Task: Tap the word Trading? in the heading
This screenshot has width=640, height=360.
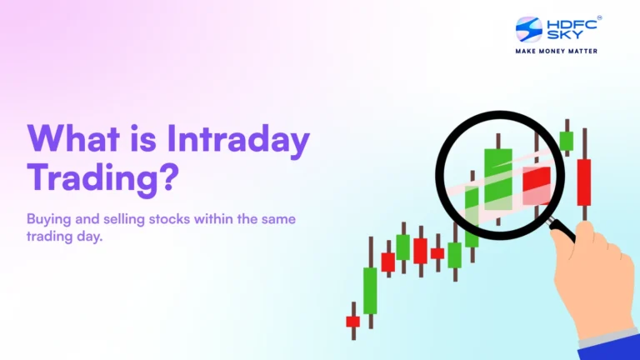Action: pos(102,177)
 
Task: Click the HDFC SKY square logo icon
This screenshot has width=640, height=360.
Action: pos(528,29)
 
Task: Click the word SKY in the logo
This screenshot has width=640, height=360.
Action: pos(562,36)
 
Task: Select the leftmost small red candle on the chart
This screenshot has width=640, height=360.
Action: pos(352,321)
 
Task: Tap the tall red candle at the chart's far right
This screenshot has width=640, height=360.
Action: pos(583,181)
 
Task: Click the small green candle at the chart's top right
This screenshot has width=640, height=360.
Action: pos(566,141)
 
